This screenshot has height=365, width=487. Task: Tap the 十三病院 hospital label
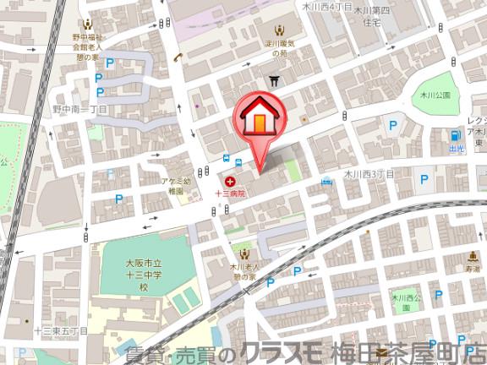coord(229,193)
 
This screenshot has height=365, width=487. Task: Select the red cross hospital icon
coord(229,180)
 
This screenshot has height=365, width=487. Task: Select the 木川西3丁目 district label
coord(369,173)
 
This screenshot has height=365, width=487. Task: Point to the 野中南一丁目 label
coord(80,110)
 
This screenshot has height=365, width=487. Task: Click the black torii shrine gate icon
coord(274,80)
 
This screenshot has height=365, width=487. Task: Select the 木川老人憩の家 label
coord(245,271)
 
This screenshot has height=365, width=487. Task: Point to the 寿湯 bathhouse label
coord(471,268)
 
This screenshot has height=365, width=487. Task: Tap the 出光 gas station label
coord(457,148)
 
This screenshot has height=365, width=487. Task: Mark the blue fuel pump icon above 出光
coord(458,134)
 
